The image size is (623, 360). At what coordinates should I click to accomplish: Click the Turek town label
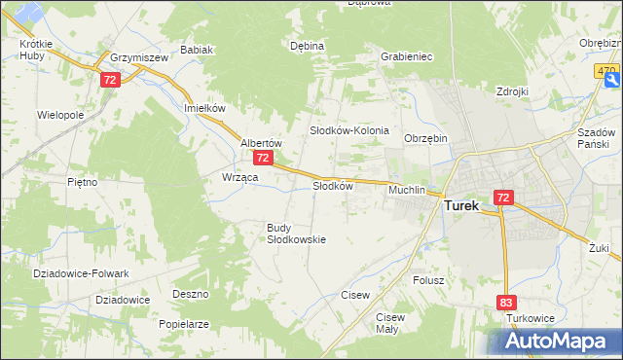(x=467, y=206)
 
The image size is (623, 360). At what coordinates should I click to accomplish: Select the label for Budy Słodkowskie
(x=296, y=234)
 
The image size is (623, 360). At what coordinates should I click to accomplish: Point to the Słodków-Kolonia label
(x=349, y=130)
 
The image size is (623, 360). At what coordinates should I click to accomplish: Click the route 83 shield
(x=505, y=304)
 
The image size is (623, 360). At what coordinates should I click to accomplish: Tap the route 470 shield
(x=608, y=72)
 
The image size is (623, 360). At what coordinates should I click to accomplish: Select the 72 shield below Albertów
(x=262, y=157)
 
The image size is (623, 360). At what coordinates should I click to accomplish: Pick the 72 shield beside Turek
(x=502, y=198)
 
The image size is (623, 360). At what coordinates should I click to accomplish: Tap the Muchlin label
(x=407, y=190)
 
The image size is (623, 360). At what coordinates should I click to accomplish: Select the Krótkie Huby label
(x=35, y=51)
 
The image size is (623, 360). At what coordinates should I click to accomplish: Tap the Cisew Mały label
(x=389, y=323)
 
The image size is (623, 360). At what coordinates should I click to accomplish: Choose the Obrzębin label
(x=425, y=138)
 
